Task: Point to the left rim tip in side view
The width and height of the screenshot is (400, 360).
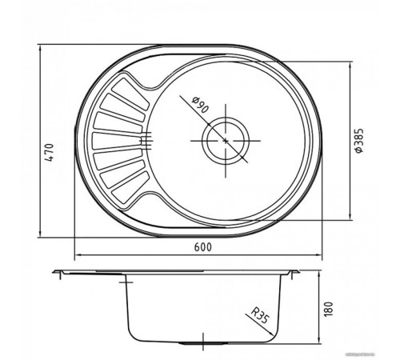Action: point(54,274)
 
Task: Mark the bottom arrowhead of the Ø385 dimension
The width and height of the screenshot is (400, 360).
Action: point(356,218)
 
